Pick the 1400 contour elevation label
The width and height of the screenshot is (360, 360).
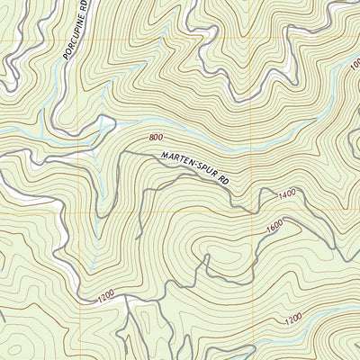coord(287,193)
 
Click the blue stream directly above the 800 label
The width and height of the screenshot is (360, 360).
coord(157,125)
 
